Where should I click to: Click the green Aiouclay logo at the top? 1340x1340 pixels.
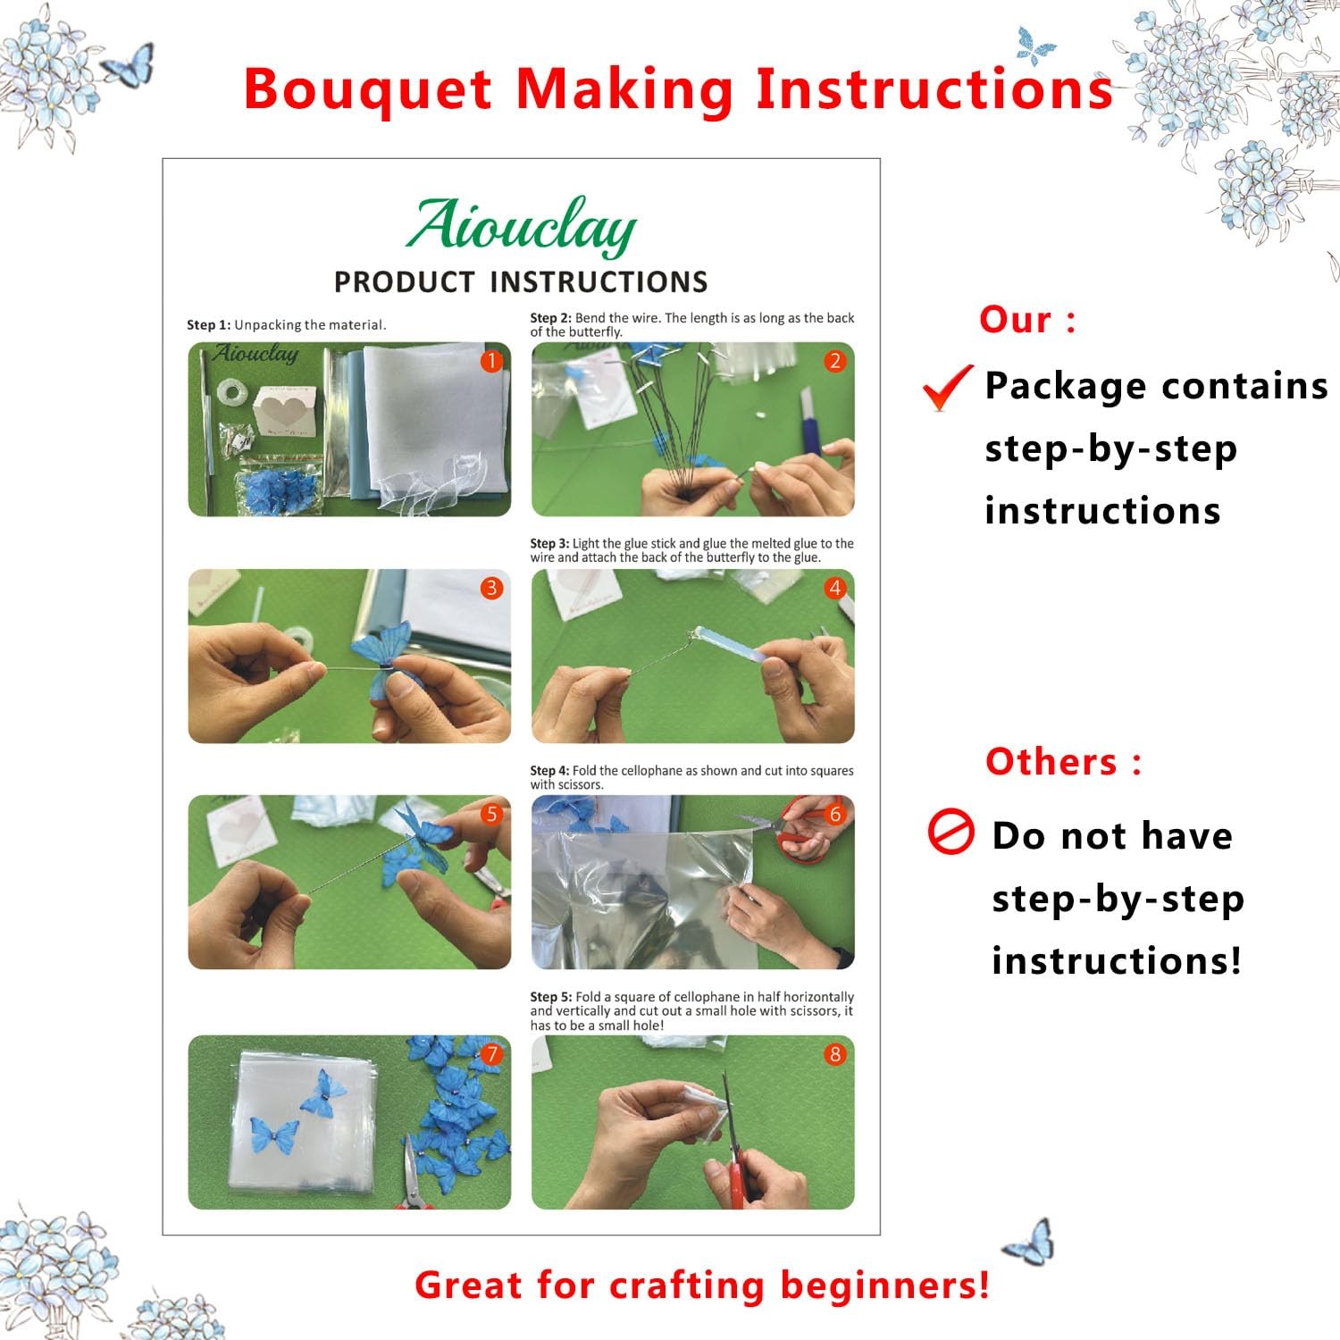click(x=521, y=227)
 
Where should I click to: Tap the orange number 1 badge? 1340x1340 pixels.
click(x=491, y=361)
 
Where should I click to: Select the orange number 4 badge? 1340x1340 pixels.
click(x=834, y=588)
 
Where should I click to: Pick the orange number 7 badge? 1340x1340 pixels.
click(x=491, y=1054)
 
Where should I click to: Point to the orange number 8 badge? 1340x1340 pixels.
click(x=834, y=1054)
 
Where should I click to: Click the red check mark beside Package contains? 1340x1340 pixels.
click(x=947, y=388)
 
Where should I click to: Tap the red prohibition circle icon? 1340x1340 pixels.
click(x=951, y=832)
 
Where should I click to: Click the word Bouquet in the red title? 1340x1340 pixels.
click(x=367, y=89)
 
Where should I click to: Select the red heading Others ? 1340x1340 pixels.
click(x=1063, y=762)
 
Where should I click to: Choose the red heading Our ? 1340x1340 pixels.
click(x=1027, y=320)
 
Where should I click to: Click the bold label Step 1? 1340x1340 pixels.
click(x=208, y=325)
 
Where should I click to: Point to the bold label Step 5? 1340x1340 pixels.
click(x=551, y=997)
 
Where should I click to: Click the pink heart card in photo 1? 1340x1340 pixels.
click(x=285, y=409)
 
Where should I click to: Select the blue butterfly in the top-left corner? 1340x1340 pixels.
click(x=128, y=66)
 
